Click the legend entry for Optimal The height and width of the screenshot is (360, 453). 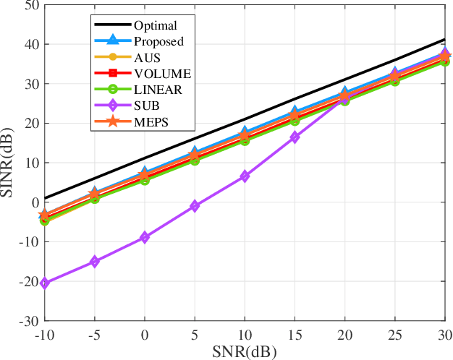155,25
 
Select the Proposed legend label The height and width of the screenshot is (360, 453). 158,41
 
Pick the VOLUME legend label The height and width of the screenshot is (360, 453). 162,73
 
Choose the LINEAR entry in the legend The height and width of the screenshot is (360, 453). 158,89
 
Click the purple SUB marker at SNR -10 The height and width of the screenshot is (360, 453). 45,283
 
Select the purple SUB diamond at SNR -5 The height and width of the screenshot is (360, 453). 94,262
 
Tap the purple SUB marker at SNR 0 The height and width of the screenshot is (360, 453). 144,237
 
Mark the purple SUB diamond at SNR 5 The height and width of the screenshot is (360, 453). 194,206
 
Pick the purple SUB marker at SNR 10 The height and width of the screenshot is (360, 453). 245,176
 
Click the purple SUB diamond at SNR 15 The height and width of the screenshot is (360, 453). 295,137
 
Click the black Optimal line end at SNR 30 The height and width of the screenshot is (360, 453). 444,40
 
